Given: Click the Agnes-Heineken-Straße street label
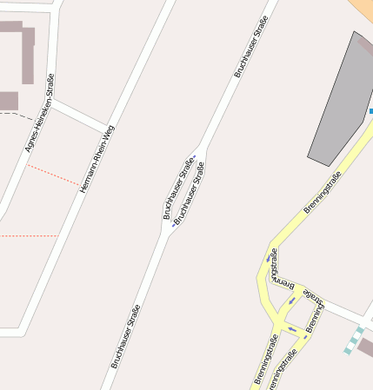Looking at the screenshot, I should click(40, 113).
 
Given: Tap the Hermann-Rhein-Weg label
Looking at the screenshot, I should click(97, 158).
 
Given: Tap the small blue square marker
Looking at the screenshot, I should click(370, 112).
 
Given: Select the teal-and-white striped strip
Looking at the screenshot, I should click(355, 340).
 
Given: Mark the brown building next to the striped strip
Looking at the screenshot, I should click(366, 347).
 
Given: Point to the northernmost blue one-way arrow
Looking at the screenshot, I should click(196, 157).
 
